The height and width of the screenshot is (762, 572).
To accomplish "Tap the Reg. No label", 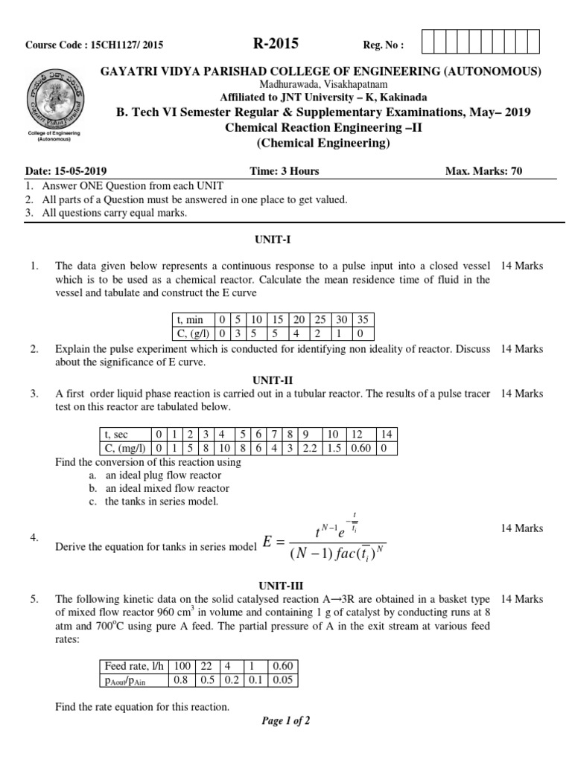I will click(x=383, y=45).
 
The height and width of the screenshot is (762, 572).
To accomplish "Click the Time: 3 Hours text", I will click(x=284, y=171).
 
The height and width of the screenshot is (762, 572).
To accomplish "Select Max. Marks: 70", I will click(x=483, y=171).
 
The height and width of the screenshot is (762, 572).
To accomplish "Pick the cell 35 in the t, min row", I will click(x=361, y=319).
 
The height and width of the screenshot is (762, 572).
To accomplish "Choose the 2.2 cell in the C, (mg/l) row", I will click(x=310, y=448).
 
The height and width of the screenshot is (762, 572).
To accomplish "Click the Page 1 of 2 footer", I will click(x=286, y=720).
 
